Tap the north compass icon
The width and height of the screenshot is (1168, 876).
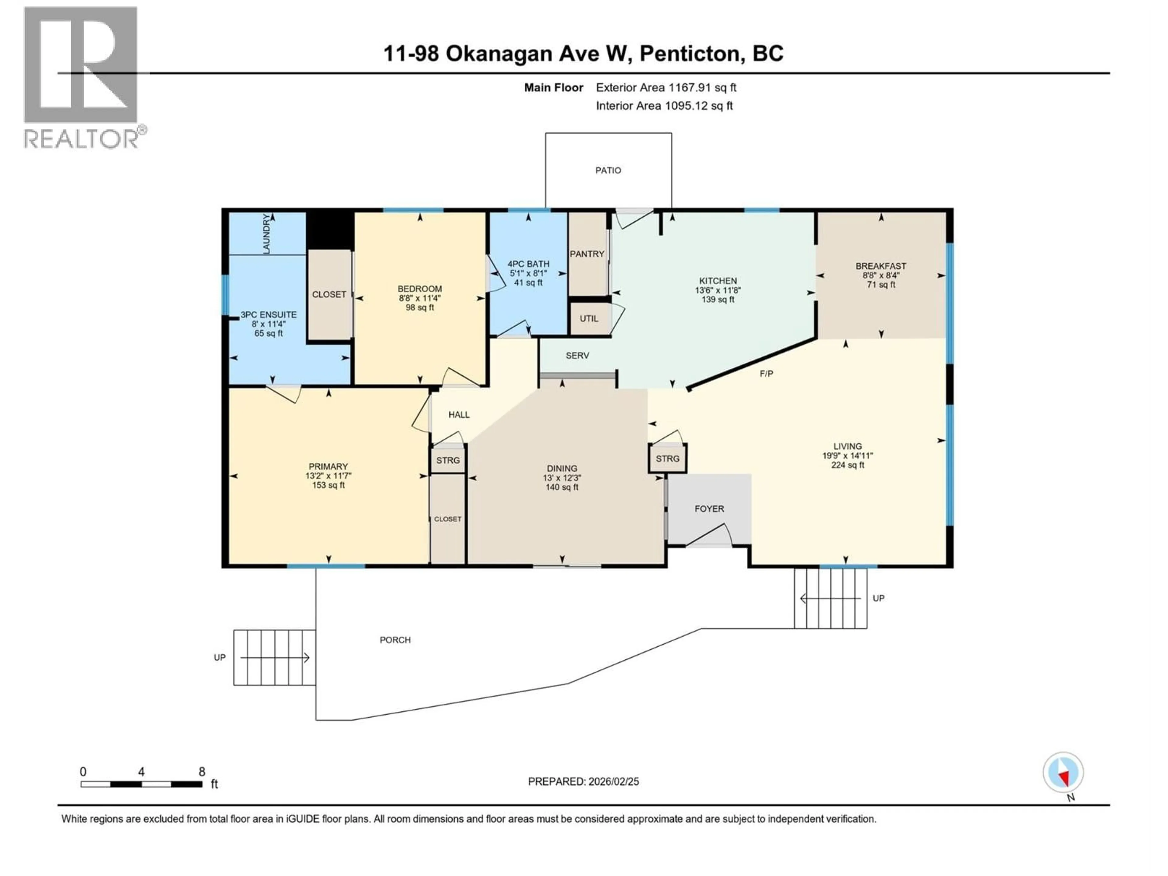click(1063, 773)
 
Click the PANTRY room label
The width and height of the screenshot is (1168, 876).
click(587, 254)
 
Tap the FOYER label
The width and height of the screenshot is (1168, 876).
click(709, 509)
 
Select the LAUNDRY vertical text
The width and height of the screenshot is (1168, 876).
click(266, 233)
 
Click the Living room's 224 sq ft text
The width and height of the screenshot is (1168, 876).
click(847, 465)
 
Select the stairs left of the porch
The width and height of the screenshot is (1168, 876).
click(275, 657)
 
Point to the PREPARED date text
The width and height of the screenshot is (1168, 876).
click(583, 781)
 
